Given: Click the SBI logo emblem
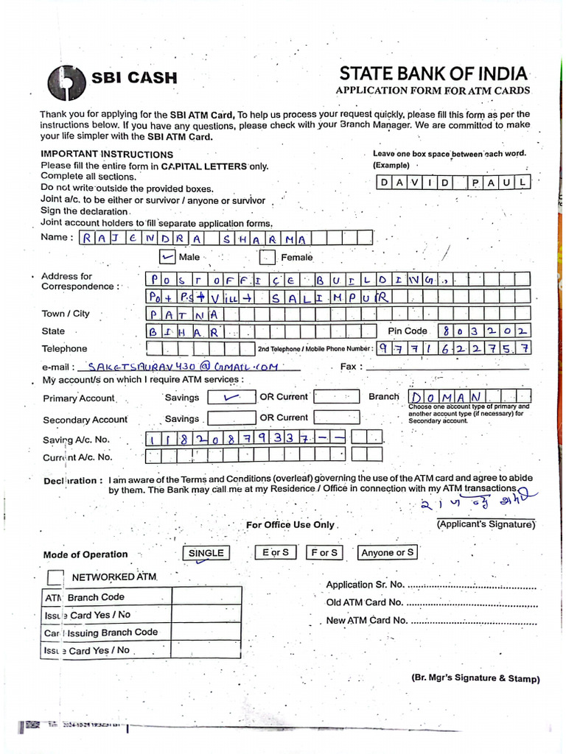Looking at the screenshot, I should [x=66, y=82].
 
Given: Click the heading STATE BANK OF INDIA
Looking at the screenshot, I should [x=433, y=74].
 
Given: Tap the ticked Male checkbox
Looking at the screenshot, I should [x=168, y=257].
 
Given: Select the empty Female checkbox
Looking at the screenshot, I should [x=268, y=258].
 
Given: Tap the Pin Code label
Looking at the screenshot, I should [x=406, y=331].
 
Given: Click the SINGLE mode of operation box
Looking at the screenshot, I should [x=206, y=553].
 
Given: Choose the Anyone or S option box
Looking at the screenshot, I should [x=388, y=552].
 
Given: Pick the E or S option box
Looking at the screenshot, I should [x=275, y=552].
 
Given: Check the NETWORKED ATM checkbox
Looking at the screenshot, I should [x=55, y=577].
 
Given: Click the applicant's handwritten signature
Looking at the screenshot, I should [x=472, y=504].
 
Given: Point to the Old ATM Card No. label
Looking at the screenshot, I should [x=364, y=602].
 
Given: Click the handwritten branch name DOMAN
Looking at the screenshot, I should [x=444, y=398].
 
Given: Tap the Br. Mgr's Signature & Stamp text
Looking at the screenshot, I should [x=475, y=679].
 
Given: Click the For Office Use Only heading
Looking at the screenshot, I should [x=290, y=525].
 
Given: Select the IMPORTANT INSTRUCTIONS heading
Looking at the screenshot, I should [x=107, y=155].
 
